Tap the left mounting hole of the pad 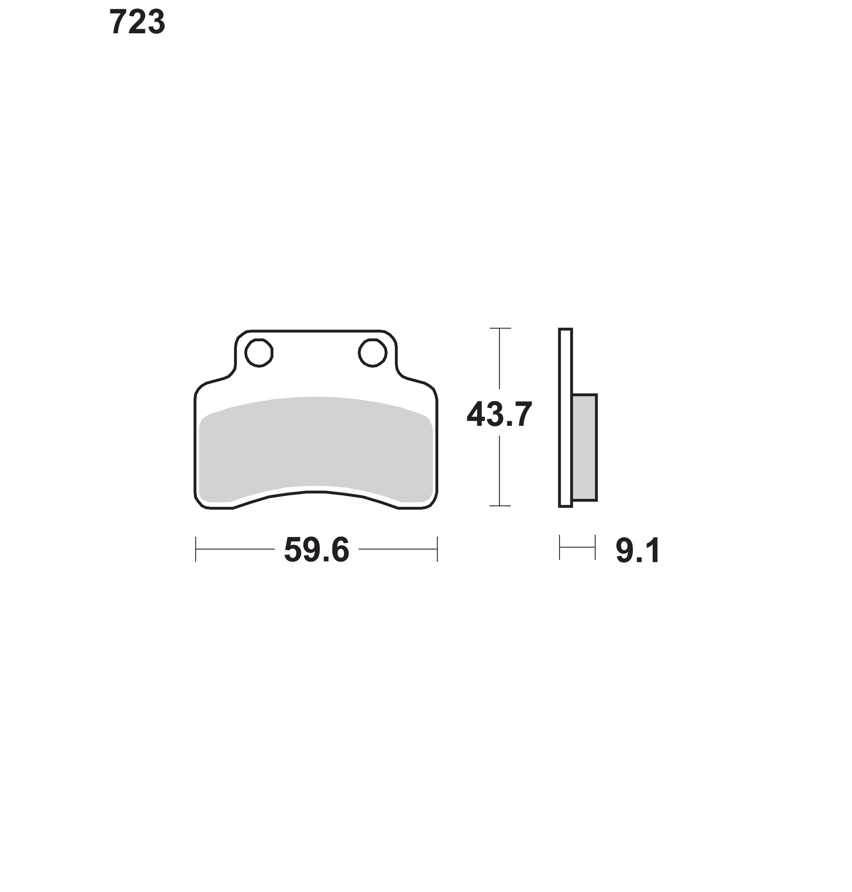[259, 353]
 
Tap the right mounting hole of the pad [373, 353]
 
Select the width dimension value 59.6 [317, 550]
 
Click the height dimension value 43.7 [499, 414]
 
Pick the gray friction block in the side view [585, 448]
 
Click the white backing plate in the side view [565, 418]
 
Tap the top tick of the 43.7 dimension [500, 328]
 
